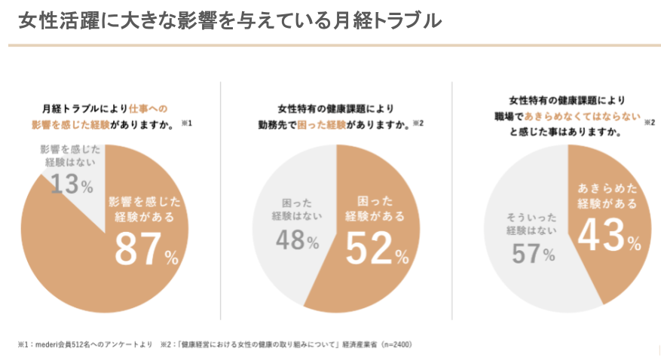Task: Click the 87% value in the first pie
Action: [146, 250]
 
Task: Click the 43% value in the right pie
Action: [609, 236]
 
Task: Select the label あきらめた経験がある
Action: [607, 195]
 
